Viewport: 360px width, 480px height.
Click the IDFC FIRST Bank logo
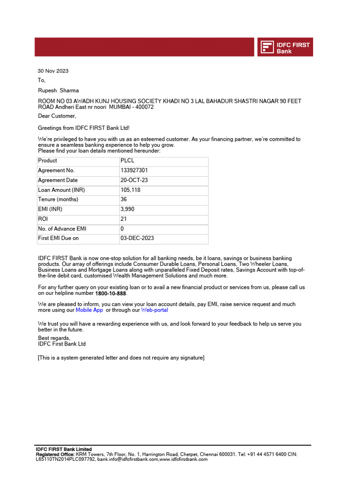click(x=285, y=47)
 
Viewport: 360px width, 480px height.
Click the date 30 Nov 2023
click(x=53, y=71)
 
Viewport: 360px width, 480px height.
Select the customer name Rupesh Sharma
click(x=58, y=90)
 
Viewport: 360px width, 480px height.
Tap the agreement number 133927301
click(x=134, y=171)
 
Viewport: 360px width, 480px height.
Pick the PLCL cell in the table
click(x=127, y=161)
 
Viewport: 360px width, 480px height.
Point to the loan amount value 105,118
click(x=130, y=190)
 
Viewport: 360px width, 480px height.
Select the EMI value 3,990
click(x=127, y=209)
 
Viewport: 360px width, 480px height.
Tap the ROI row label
click(x=43, y=219)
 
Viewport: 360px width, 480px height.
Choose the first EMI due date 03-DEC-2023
click(x=137, y=238)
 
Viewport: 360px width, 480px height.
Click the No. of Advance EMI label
click(x=62, y=229)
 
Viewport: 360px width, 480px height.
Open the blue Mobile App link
click(x=89, y=310)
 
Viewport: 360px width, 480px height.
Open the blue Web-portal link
click(x=154, y=310)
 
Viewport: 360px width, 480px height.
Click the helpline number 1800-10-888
click(x=111, y=294)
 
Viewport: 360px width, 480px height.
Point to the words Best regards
click(x=54, y=338)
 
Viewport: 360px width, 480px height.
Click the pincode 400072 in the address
click(x=144, y=107)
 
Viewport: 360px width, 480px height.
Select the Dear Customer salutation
click(x=57, y=116)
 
